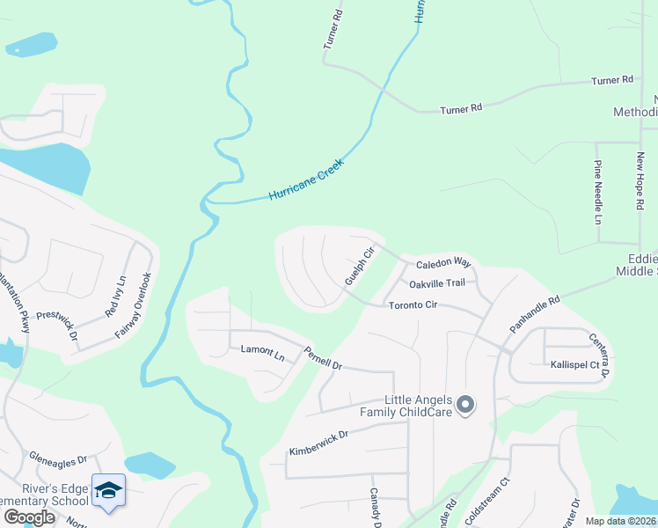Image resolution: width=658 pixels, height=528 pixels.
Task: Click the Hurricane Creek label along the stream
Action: point(306,180)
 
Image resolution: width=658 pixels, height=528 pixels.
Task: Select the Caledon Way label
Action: point(443,263)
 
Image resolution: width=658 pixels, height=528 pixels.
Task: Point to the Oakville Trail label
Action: point(436,283)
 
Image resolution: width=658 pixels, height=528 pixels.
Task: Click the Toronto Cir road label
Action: point(413,304)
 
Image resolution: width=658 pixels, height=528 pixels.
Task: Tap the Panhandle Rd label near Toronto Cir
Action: point(534,314)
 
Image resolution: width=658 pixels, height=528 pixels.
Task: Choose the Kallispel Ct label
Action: point(574,364)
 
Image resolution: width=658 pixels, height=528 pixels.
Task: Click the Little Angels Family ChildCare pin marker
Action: point(466,406)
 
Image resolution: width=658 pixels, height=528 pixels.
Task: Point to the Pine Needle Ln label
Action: point(597,191)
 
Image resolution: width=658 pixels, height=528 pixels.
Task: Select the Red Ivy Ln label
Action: point(116,297)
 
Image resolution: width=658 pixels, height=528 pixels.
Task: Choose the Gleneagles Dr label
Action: point(57,458)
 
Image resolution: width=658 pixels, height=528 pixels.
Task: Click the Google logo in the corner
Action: point(29,517)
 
